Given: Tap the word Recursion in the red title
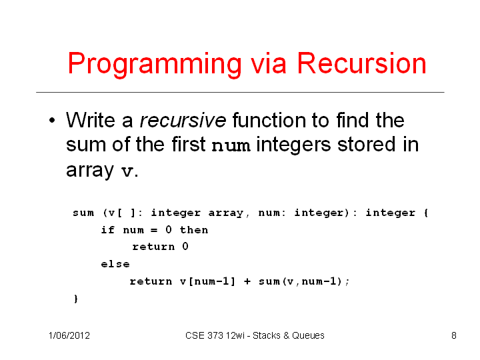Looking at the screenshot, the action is coord(361,63).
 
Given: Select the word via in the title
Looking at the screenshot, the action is coord(268,63).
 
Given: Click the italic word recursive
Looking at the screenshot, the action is coord(183,120).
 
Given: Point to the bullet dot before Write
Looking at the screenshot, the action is coord(52,120).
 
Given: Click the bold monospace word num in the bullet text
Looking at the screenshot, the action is coord(231,145).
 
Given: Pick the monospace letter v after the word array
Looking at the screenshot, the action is coord(127,171).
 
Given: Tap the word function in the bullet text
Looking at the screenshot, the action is coord(269,120).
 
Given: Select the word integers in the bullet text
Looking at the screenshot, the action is coord(293,145).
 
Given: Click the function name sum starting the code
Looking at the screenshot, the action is coord(83,213).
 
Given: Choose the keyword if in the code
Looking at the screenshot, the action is coord(108,229).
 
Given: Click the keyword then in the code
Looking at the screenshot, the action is coord(194,229).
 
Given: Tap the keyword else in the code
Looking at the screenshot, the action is coord(115,264).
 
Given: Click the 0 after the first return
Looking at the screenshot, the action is coord(185,246).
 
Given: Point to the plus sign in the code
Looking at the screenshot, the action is coord(247,281).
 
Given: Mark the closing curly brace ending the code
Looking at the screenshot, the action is coord(76,299).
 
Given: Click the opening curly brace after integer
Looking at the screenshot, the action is coord(426,213).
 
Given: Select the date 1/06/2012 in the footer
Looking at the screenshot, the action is coord(69,335).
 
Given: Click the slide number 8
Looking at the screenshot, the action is coord(454,335).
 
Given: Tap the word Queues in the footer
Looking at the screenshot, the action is coord(308,335).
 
